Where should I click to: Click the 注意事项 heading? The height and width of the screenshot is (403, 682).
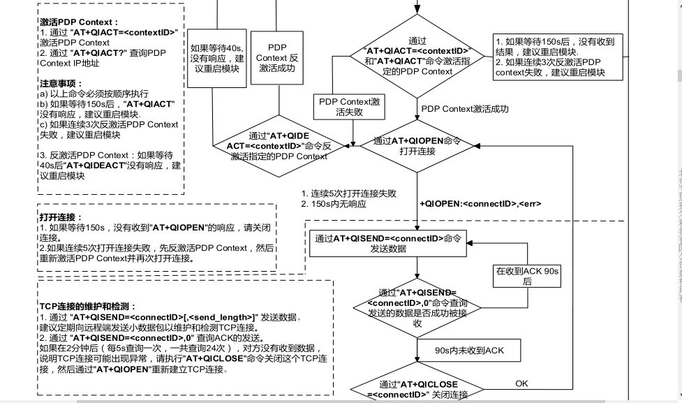[61, 83]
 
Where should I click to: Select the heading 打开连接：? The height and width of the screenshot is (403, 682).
[61, 217]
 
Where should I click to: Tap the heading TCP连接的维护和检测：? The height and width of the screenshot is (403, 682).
[87, 307]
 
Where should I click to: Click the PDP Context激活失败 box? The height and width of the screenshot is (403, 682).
[349, 107]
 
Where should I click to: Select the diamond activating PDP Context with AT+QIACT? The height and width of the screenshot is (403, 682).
[418, 57]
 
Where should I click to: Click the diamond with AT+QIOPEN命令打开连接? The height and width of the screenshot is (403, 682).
[417, 145]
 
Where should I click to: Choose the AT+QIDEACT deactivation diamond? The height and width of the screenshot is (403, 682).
[287, 146]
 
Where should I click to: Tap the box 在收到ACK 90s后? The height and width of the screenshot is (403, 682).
[527, 275]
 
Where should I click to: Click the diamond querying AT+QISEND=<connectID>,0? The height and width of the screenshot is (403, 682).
[417, 307]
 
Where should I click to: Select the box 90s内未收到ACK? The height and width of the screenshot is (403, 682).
[469, 350]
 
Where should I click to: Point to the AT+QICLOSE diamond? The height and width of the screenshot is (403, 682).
[417, 388]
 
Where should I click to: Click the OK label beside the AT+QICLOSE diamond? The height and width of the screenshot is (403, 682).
[521, 383]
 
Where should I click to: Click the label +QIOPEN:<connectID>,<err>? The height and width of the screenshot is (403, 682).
[480, 204]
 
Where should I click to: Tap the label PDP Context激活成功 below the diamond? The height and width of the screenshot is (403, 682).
[464, 109]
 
